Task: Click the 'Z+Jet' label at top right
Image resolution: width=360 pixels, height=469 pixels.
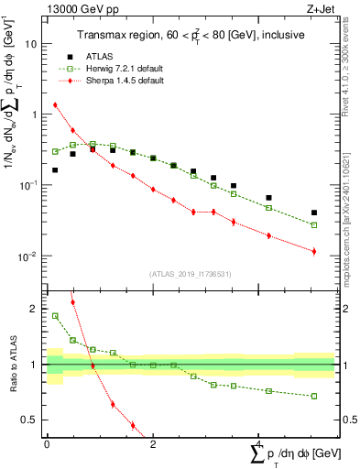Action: pos(321,9)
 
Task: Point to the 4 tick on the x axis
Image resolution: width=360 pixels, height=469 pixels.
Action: pos(258,444)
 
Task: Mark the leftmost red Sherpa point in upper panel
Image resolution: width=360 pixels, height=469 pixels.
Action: pos(55,104)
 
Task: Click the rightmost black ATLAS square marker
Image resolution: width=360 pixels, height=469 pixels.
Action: pos(314,213)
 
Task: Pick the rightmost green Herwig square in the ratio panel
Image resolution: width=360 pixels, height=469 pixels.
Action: pos(314,397)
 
